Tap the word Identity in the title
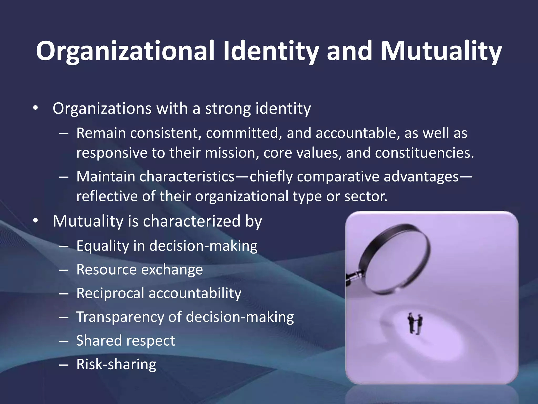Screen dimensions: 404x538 click(x=271, y=51)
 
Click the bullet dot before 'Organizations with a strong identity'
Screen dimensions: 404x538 click(x=36, y=108)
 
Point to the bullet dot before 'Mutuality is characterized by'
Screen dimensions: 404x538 click(x=36, y=221)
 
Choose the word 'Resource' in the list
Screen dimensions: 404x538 click(x=107, y=270)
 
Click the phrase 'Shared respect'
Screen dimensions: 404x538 click(x=126, y=341)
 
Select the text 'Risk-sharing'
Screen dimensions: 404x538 click(x=116, y=364)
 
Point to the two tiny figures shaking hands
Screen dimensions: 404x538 click(x=415, y=323)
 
